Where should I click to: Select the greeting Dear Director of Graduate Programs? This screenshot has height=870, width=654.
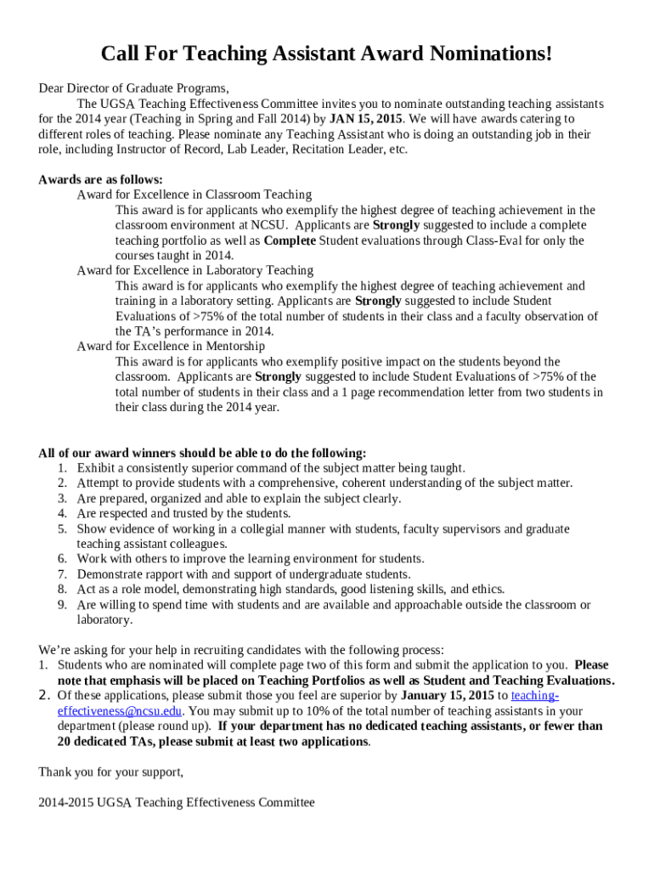click(133, 88)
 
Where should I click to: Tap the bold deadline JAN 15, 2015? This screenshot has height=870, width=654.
click(365, 119)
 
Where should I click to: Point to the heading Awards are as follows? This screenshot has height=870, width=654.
click(100, 179)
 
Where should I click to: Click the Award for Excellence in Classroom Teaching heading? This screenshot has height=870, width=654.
click(194, 195)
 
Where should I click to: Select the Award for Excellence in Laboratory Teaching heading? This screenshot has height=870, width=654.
click(195, 270)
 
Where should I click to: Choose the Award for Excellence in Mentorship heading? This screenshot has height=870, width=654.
click(171, 347)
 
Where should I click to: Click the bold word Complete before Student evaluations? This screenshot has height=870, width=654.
click(290, 240)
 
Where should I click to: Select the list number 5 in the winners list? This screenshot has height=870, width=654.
click(62, 529)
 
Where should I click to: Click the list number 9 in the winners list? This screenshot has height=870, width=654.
click(62, 605)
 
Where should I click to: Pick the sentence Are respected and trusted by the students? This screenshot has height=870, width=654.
click(183, 514)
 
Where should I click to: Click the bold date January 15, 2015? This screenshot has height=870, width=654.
click(447, 696)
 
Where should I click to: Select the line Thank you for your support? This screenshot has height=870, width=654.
click(110, 772)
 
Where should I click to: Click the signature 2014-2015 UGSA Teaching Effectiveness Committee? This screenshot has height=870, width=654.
click(176, 803)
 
